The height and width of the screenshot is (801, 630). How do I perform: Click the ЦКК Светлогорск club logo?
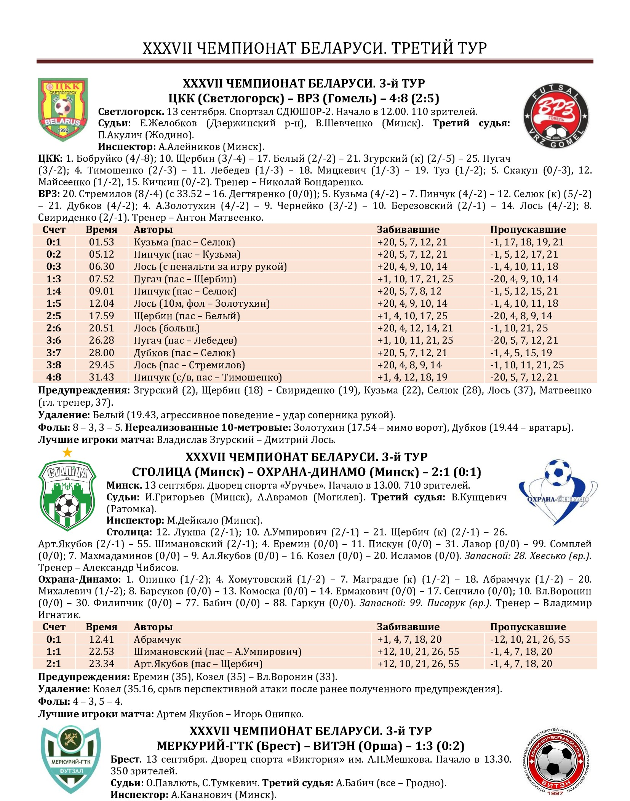(63, 109)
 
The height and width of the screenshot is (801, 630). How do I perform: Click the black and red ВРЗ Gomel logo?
(556, 116)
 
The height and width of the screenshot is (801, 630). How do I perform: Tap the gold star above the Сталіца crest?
(67, 452)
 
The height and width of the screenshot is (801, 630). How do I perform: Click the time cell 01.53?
(101, 242)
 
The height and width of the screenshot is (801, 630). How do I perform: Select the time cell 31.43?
(101, 377)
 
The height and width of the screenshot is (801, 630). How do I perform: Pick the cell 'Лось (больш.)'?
(166, 328)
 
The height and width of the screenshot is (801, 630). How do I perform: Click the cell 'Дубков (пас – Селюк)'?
(184, 353)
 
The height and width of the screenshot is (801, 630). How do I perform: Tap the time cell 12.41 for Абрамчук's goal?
(101, 639)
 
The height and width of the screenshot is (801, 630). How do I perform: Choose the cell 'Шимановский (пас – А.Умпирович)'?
(217, 651)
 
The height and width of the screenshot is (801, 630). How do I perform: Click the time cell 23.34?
(101, 664)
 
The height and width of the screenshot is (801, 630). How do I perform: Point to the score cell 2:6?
(54, 328)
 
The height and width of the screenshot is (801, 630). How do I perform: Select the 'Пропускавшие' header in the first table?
(528, 229)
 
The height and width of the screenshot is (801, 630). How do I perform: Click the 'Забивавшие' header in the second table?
(408, 627)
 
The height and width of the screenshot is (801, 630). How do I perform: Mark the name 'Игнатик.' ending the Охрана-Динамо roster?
(59, 615)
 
